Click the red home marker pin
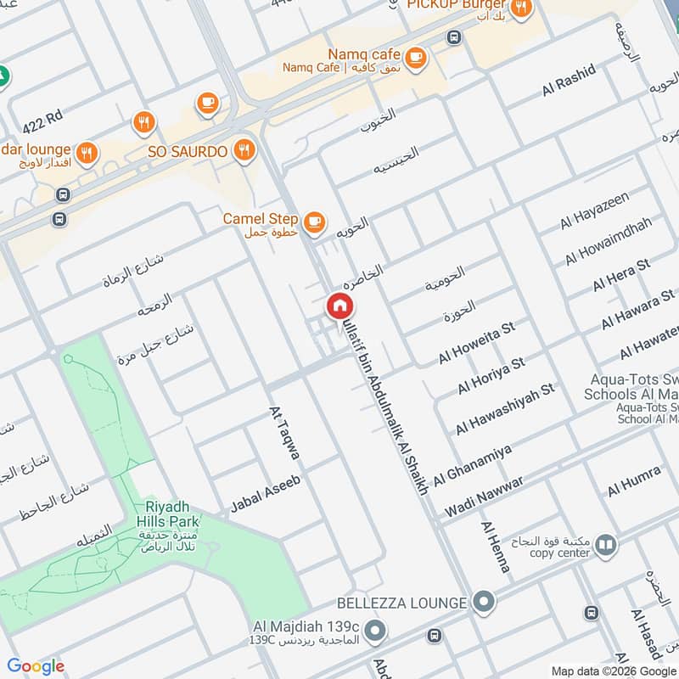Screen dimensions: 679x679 [339, 306]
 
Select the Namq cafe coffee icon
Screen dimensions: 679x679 [415, 58]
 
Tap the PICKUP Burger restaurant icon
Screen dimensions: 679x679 [521, 8]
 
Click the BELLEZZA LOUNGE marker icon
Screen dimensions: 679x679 [484, 603]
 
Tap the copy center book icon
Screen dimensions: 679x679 [605, 544]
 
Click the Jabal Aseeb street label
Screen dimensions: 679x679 [265, 495]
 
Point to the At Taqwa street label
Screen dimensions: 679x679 [284, 433]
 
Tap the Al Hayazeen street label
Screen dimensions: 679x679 [594, 210]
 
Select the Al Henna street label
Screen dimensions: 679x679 [496, 547]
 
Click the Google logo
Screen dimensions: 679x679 [36, 666]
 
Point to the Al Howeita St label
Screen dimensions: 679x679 [476, 343]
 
